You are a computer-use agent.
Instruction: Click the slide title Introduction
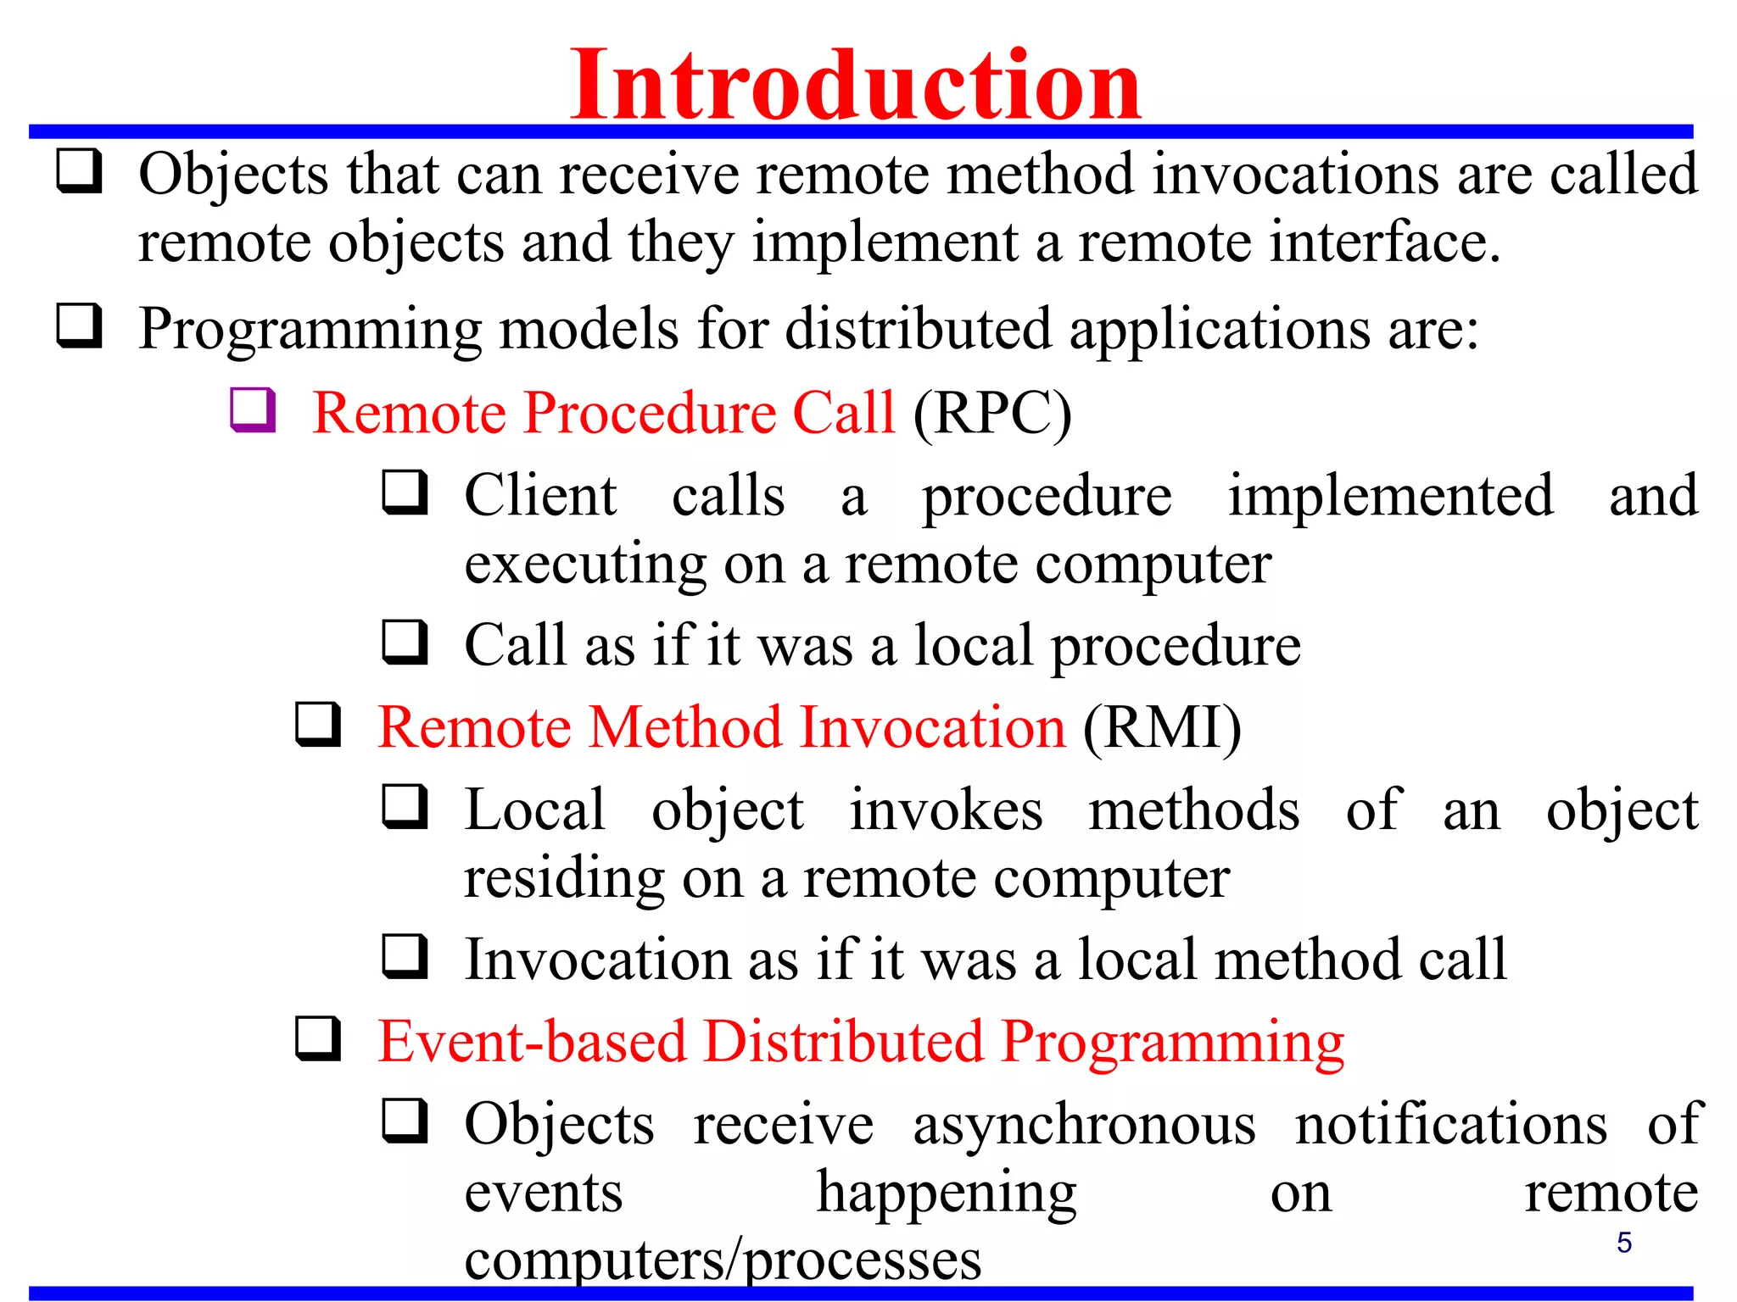pyautogui.click(x=855, y=85)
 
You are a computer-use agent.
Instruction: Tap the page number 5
pyautogui.click(x=1623, y=1243)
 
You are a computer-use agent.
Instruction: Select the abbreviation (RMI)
pyautogui.click(x=1162, y=727)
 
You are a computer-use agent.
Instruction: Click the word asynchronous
pyautogui.click(x=1084, y=1125)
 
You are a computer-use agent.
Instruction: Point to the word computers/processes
pyautogui.click(x=723, y=1260)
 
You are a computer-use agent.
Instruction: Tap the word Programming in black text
pyautogui.click(x=310, y=329)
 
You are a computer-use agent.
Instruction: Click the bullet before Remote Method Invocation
pyautogui.click(x=318, y=725)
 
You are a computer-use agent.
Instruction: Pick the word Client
pyautogui.click(x=540, y=495)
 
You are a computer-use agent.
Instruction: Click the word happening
pyautogui.click(x=946, y=1194)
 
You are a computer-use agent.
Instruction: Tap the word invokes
pyautogui.click(x=946, y=810)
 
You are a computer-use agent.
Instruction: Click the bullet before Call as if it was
pyautogui.click(x=405, y=643)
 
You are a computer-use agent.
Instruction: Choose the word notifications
pyautogui.click(x=1450, y=1125)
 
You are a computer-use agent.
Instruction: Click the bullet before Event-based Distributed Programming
pyautogui.click(x=318, y=1039)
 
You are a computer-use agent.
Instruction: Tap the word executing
pyautogui.click(x=585, y=565)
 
